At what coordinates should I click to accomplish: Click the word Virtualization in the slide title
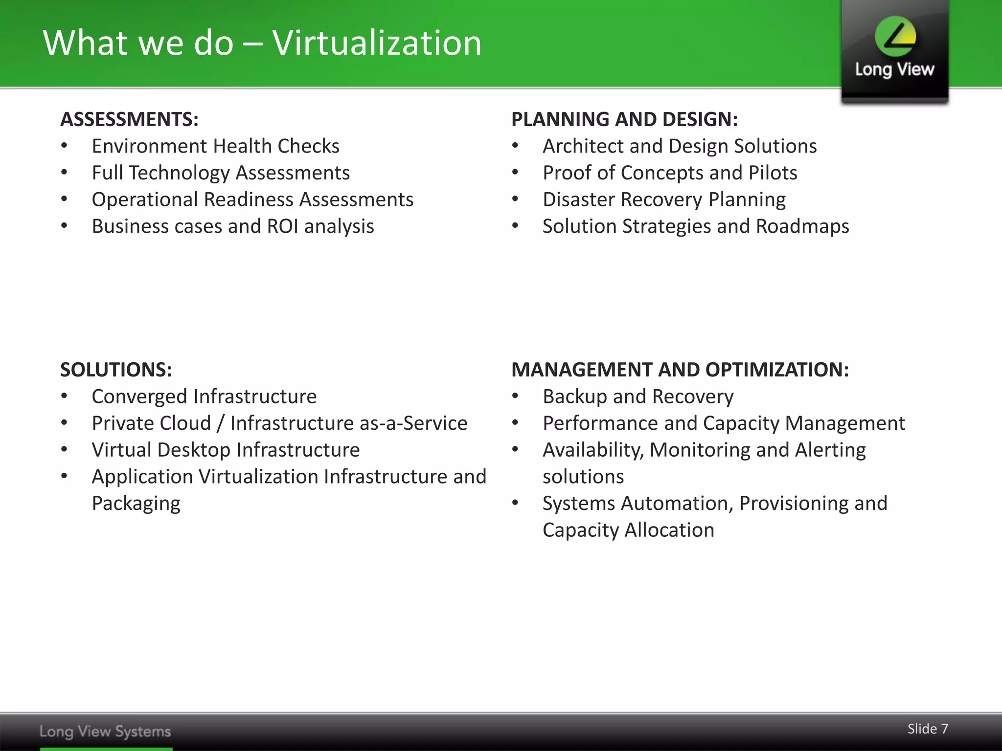377,43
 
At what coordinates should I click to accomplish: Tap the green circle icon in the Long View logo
895,37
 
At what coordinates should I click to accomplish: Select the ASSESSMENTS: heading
129,120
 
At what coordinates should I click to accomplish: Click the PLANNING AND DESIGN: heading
624,120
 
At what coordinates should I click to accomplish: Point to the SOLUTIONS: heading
116,370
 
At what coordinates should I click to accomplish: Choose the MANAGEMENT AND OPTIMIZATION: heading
680,370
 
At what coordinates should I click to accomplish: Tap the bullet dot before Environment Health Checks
64,146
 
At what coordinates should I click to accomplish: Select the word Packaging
136,504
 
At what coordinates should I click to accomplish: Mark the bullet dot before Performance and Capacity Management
515,423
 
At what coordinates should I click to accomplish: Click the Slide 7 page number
928,729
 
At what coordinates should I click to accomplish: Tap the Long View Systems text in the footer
105,731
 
